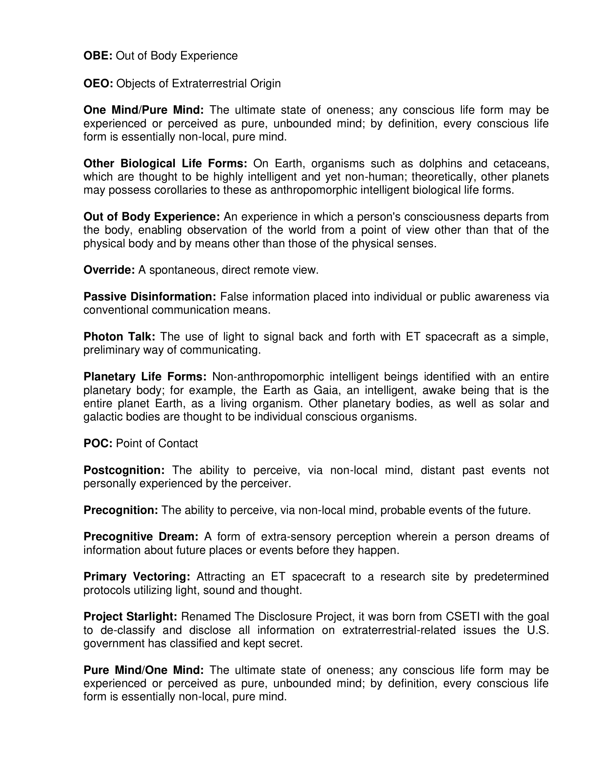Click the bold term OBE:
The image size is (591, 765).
coord(98,56)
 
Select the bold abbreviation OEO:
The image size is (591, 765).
coord(98,83)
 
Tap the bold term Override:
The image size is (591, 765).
coord(109,270)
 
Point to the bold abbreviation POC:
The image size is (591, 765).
coord(98,443)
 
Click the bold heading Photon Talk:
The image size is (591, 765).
coord(119,337)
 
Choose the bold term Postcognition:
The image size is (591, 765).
coord(124,470)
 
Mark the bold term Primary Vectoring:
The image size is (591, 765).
coord(137,577)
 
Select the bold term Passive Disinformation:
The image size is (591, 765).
coord(150,297)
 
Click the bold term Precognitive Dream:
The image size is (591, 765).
coord(141,537)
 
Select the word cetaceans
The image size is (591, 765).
coord(521,163)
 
